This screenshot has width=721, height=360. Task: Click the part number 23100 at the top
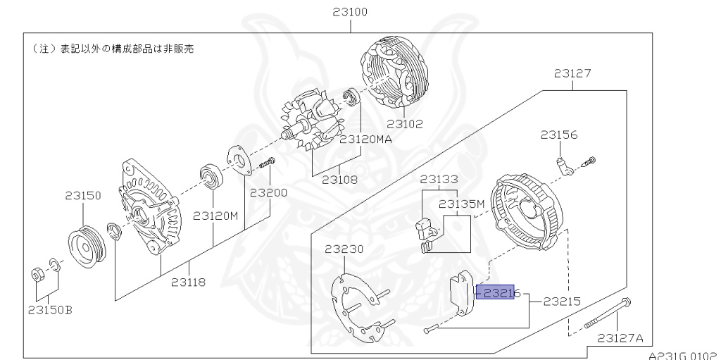pos(350,13)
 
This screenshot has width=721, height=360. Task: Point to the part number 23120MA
pos(365,139)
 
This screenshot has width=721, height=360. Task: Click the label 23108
pos(339,180)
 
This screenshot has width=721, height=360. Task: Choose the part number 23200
pos(268,192)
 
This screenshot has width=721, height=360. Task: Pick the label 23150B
pos(51,308)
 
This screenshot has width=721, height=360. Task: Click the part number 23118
pos(189,283)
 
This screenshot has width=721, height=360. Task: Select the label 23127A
pos(620,337)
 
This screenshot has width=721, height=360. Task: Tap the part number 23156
pos(559,134)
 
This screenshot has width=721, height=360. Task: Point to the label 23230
pos(344,249)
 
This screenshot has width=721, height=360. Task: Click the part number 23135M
pos(462,204)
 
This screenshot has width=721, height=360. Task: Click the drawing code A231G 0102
pos(682,355)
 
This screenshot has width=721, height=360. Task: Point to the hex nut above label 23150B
pos(37,273)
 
